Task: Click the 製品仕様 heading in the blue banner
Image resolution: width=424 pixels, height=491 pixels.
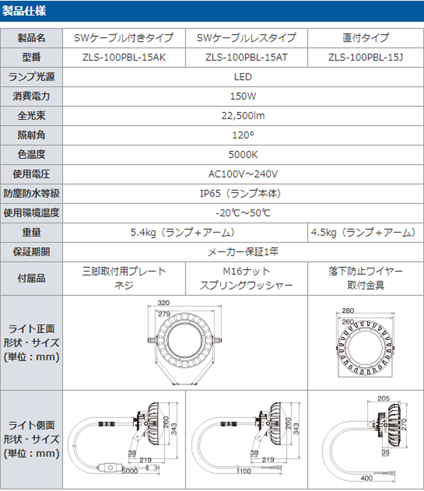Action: tap(24, 11)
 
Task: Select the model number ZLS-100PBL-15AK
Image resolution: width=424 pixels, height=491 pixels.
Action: tap(124, 57)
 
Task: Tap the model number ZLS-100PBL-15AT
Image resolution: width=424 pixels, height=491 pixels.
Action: tap(246, 57)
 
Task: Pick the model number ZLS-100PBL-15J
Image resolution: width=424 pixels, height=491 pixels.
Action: tap(366, 57)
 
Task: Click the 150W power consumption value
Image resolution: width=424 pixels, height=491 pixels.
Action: tap(243, 96)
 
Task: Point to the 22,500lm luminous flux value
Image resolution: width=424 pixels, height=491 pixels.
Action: tap(243, 115)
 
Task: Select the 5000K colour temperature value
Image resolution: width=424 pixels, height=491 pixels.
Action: tap(243, 155)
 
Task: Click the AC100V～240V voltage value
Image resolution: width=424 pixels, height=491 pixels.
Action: tap(243, 174)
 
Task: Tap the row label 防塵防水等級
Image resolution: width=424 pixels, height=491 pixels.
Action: tap(31, 193)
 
